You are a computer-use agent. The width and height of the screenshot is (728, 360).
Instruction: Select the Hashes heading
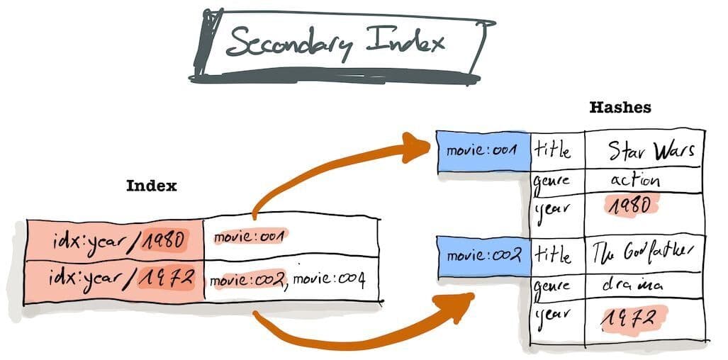tap(620, 108)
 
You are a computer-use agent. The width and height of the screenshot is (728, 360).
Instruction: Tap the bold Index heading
tap(151, 186)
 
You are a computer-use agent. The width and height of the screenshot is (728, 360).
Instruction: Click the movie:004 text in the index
tap(329, 280)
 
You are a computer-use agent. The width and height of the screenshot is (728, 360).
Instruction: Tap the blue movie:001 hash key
tap(483, 150)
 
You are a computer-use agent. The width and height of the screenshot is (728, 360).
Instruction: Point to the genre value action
tap(634, 181)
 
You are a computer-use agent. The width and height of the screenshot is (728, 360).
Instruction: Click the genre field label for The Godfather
tap(551, 287)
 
